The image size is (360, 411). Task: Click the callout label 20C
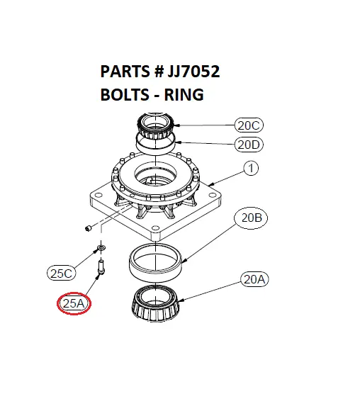(x=249, y=126)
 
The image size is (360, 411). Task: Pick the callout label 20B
(x=252, y=219)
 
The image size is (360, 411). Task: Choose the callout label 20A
(x=254, y=279)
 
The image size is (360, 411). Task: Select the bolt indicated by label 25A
(x=102, y=268)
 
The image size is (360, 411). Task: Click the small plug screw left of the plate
(x=88, y=228)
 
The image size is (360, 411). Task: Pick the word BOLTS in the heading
(x=124, y=94)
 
